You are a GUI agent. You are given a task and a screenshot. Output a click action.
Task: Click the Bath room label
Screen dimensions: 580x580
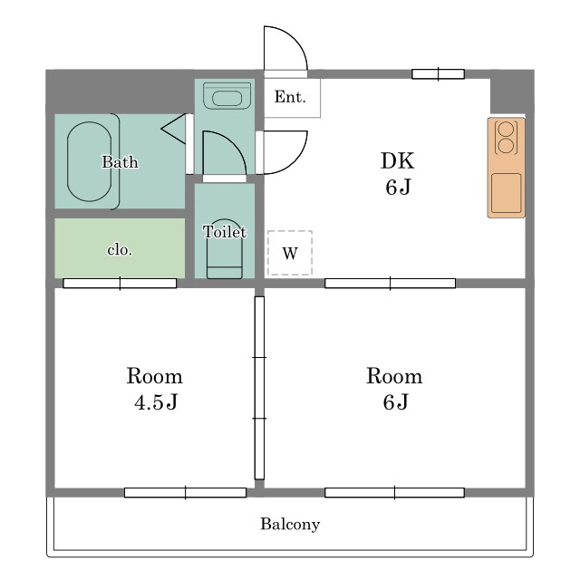tap(120, 162)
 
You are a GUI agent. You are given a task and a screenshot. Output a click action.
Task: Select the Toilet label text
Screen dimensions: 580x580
tap(224, 232)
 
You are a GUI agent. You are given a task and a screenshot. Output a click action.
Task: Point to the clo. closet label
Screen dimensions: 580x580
tap(120, 250)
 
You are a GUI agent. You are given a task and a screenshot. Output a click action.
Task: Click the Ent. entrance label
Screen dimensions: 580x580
tap(290, 97)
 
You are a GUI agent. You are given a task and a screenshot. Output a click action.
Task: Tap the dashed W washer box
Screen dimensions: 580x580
tap(290, 253)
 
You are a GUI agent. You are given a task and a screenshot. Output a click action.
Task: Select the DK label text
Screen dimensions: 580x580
tap(398, 161)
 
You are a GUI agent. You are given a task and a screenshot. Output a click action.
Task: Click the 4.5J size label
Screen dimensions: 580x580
tap(156, 402)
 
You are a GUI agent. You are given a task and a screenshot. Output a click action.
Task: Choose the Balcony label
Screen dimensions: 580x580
tap(290, 524)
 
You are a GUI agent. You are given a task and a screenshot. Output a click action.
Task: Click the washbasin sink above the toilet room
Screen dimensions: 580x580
tap(227, 96)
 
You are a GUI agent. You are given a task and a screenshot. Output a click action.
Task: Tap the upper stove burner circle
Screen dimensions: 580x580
tap(506, 130)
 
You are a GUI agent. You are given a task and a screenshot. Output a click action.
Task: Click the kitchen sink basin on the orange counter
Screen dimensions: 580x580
tap(506, 193)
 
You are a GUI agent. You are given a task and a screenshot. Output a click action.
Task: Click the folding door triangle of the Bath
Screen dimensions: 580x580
tap(173, 129)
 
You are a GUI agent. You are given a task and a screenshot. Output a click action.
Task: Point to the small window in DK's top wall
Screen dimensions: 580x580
tap(438, 74)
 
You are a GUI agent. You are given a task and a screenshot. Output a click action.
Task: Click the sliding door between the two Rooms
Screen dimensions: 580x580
tap(259, 388)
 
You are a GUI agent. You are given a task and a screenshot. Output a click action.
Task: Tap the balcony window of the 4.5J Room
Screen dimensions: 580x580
tap(185, 493)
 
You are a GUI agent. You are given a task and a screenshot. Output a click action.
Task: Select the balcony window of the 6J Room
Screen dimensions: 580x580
tap(394, 493)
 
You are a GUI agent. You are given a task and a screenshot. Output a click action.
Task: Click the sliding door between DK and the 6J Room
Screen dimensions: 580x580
tap(390, 284)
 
